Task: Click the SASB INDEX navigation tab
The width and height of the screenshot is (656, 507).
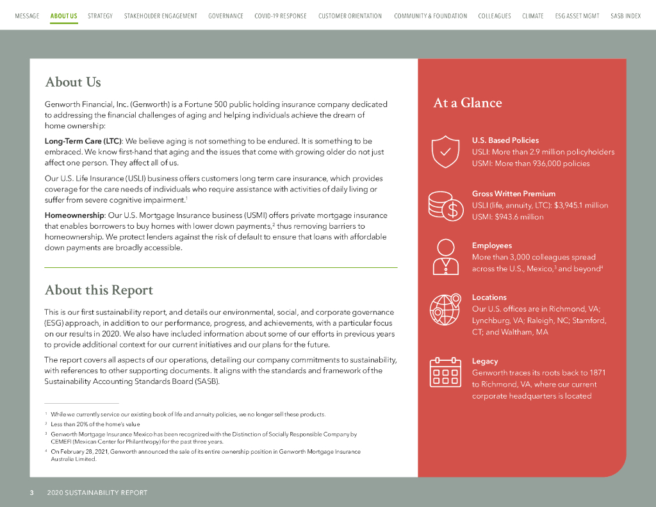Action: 625,16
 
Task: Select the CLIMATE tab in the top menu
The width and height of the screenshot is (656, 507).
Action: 532,16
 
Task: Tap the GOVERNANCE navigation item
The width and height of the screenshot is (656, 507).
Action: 225,16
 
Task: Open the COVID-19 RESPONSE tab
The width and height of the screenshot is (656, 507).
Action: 280,16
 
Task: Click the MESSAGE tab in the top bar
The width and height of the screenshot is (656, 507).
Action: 27,16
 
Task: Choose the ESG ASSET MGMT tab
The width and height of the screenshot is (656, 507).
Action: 577,16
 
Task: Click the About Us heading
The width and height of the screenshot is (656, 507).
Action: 73,82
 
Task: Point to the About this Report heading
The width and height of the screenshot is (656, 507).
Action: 99,290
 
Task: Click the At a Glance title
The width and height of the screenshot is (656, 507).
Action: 468,103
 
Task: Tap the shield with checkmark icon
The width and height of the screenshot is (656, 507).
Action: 445,151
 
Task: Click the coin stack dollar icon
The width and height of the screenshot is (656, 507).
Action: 445,205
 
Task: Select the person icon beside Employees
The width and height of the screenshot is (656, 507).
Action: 445,256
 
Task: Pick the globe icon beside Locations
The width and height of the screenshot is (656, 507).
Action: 445,309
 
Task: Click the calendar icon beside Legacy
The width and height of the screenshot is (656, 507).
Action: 445,372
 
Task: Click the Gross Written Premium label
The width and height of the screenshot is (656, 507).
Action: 514,194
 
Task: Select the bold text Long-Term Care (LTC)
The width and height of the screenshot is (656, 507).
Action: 83,140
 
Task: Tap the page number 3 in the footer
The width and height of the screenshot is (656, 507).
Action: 31,493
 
